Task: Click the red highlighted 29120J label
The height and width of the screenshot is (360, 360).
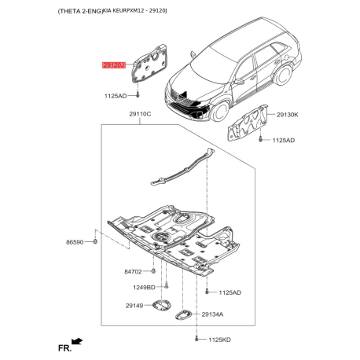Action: pos(114,66)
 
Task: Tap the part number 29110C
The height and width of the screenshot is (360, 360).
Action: pos(139,115)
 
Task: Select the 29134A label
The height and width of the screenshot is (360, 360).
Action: pos(212,314)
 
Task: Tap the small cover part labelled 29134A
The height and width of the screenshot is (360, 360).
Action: pos(184,314)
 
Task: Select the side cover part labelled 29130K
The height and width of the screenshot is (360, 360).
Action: pos(248,123)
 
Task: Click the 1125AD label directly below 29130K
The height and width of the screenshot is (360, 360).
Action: pos(283,140)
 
